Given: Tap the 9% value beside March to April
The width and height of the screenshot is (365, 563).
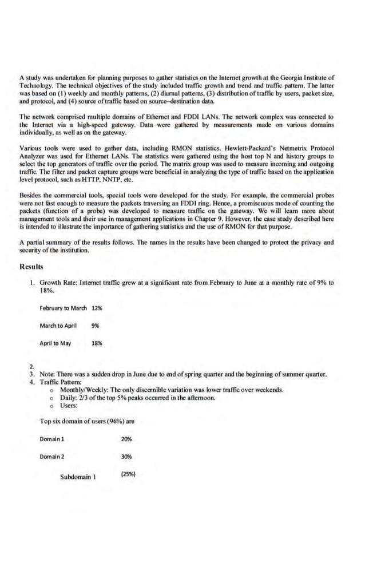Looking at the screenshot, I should point(95,326).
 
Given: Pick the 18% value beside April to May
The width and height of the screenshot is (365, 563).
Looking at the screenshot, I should point(97,343).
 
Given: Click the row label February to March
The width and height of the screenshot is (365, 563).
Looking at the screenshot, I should point(63,308).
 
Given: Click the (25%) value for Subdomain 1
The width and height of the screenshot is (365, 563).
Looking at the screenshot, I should point(128,474).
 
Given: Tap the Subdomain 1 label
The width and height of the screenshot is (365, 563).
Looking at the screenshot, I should point(78,476).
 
